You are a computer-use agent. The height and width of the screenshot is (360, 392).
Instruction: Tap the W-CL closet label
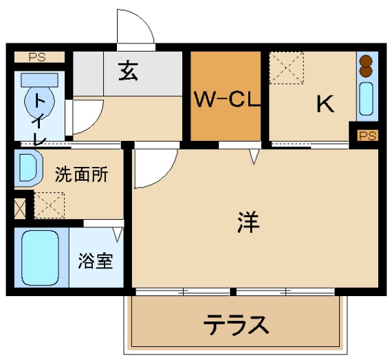click(227, 100)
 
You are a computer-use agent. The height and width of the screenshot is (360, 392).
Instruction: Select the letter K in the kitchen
click(325, 104)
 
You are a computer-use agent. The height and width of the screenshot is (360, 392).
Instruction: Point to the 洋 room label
click(248, 222)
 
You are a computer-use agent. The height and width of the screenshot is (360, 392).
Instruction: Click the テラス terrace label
click(237, 324)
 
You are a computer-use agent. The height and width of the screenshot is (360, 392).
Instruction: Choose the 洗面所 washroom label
click(82, 174)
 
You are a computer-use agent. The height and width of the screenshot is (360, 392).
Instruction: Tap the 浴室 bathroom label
click(96, 261)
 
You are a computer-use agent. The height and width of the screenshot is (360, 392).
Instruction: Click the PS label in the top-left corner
click(37, 57)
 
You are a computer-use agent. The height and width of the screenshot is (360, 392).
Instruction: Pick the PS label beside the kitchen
click(367, 136)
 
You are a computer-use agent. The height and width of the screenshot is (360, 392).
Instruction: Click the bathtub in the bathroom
click(41, 258)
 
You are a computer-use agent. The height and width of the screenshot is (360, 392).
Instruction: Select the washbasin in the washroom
click(28, 168)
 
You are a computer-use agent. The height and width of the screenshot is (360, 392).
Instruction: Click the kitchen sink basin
click(367, 99)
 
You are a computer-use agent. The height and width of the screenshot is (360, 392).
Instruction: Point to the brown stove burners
click(366, 66)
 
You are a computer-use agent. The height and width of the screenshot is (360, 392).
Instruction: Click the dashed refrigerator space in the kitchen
click(287, 68)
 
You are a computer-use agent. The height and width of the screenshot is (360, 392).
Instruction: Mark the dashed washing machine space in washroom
click(50, 205)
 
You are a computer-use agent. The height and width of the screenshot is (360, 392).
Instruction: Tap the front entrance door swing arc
click(144, 21)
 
